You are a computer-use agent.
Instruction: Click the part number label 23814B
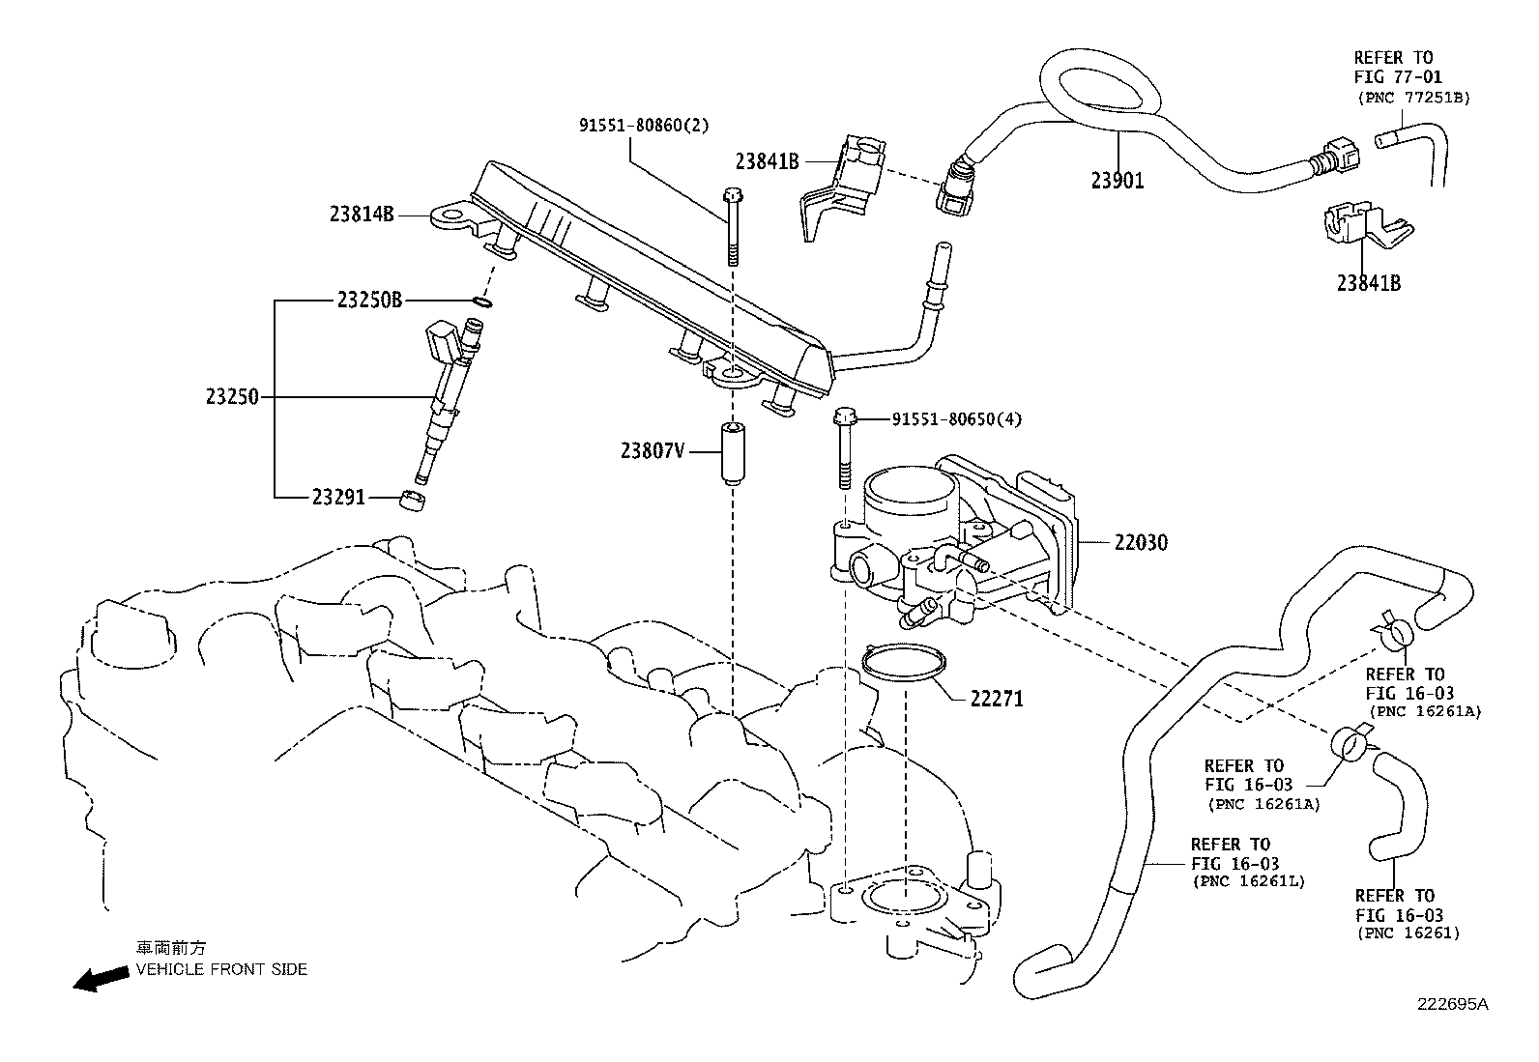[362, 215]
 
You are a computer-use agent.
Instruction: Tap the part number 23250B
[369, 301]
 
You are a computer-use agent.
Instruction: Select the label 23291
[338, 497]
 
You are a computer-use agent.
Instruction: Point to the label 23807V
[653, 450]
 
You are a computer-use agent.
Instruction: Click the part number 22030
[1141, 543]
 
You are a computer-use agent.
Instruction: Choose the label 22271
[997, 700]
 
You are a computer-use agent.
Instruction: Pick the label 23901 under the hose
[1118, 181]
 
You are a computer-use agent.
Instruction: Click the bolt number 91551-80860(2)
[644, 126]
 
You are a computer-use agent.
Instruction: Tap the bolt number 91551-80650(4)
[957, 419]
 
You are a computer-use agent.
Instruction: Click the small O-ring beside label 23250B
[482, 301]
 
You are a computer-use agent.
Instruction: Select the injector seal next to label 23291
[412, 501]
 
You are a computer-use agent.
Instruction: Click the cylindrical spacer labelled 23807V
[733, 454]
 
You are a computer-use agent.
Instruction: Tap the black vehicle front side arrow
[101, 978]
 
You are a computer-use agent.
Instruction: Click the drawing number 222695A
[1452, 1005]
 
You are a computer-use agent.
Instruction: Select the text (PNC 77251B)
[1414, 98]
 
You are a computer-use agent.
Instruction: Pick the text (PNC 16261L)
[1248, 881]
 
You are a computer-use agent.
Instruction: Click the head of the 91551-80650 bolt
[844, 416]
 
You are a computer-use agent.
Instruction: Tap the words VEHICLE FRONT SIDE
[221, 969]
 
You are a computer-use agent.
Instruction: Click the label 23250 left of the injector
[232, 397]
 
